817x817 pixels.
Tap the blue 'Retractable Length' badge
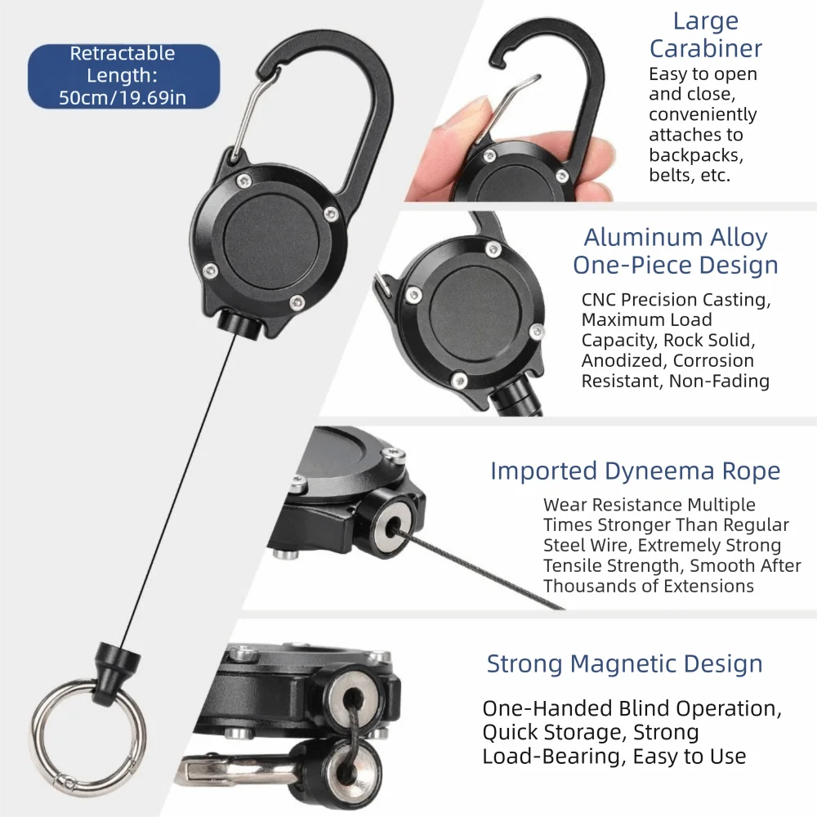pos(123,76)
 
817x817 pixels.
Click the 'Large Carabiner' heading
pos(706,35)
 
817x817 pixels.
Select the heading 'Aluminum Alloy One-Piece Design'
pos(676,251)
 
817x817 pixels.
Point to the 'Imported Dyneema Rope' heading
pos(635,471)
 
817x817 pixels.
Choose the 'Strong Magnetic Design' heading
pos(624,663)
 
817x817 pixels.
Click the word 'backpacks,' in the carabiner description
pos(696,155)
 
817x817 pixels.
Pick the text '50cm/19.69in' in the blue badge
pos(123,98)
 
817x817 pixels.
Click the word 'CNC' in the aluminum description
pos(599,300)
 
